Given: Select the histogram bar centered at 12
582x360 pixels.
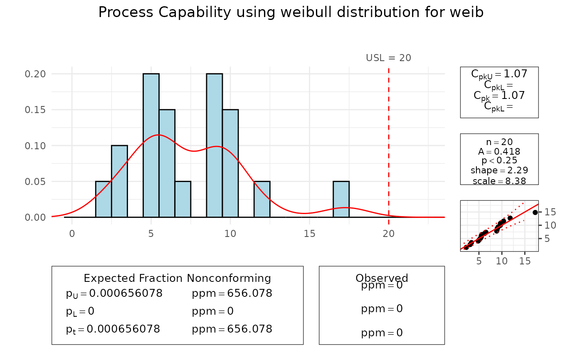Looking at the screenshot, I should coord(262,200).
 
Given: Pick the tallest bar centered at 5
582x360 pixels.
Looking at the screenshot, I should coord(151,145).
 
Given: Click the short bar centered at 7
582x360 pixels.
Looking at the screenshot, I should coord(182,200).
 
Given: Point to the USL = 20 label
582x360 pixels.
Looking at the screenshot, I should coord(388,58).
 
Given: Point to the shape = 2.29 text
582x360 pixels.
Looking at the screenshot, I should coord(499,170).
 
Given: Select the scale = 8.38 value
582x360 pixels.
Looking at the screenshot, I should coord(499,181).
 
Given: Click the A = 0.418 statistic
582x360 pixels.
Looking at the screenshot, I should coord(499,151).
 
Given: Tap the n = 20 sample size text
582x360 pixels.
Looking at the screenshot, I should coord(499,142).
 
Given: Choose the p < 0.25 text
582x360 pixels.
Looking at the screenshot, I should coord(499,161).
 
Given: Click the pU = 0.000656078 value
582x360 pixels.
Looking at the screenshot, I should coord(114,293).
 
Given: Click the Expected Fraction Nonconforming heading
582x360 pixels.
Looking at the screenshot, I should coord(177,278).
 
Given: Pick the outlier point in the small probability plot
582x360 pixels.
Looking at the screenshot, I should coord(535,212).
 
